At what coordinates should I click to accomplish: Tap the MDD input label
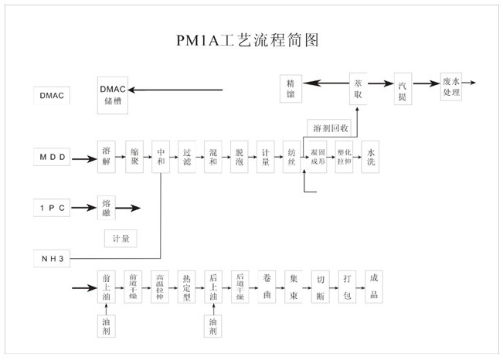click(x=53, y=158)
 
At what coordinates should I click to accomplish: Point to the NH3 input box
click(x=53, y=257)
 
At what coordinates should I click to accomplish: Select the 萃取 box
click(x=358, y=87)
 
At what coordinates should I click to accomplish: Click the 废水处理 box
click(x=451, y=87)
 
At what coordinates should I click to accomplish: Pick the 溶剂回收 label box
click(x=331, y=127)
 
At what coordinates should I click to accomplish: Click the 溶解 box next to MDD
click(x=106, y=158)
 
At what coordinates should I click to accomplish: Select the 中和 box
click(x=160, y=158)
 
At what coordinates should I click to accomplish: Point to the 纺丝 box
click(x=291, y=158)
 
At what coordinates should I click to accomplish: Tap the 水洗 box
click(x=373, y=158)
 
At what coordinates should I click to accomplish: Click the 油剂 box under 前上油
click(x=106, y=326)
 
